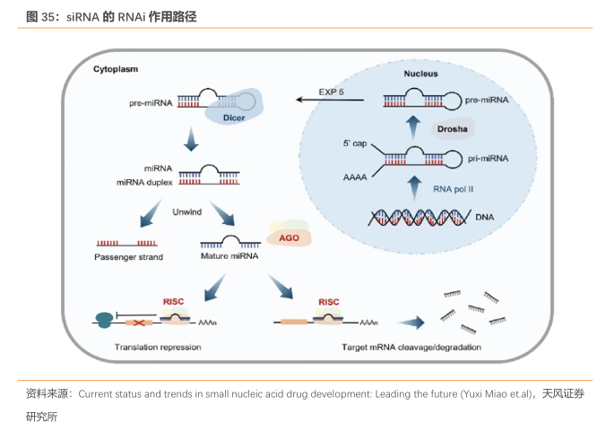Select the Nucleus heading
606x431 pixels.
pyautogui.click(x=420, y=73)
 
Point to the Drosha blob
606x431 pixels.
pyautogui.click(x=454, y=130)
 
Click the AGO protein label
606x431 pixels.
pyautogui.click(x=289, y=237)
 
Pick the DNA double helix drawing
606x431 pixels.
pyautogui.click(x=420, y=218)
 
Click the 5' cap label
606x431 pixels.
pyautogui.click(x=356, y=142)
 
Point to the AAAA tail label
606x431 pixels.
pyautogui.click(x=355, y=177)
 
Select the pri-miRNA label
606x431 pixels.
pyautogui.click(x=488, y=159)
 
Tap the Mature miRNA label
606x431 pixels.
pyautogui.click(x=229, y=256)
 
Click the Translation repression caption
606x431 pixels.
pyautogui.click(x=158, y=347)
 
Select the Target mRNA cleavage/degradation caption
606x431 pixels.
pyautogui.click(x=411, y=347)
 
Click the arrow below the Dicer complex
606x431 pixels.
pyautogui.click(x=189, y=139)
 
